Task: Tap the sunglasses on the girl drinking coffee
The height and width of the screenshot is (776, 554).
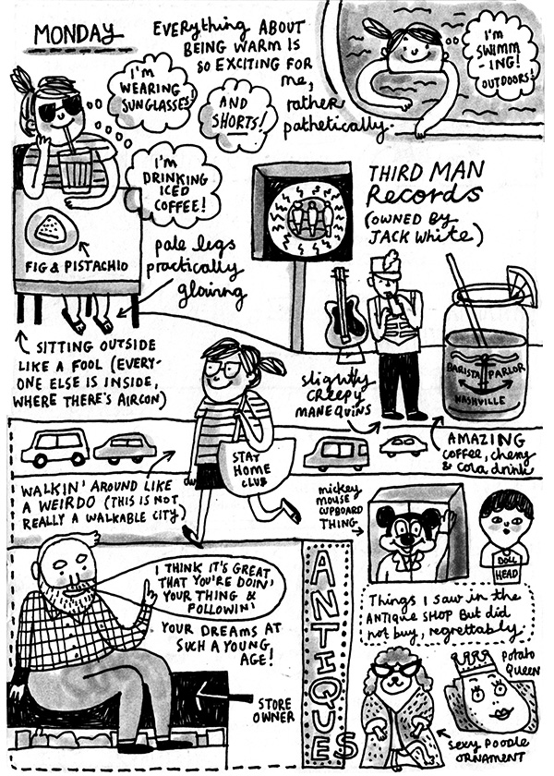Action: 60,107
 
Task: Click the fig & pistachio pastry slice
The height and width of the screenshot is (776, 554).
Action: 52,230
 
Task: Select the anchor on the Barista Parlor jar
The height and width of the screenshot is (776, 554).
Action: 486,378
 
